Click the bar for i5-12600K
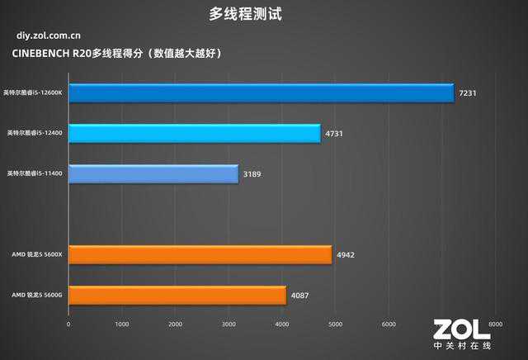click(x=260, y=93)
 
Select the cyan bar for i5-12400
click(x=194, y=134)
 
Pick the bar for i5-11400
click(x=153, y=174)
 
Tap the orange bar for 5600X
click(x=200, y=255)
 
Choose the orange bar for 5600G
click(x=177, y=295)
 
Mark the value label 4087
click(x=300, y=296)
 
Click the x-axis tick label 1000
click(x=121, y=324)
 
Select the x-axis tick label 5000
click(x=335, y=324)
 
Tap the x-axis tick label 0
click(x=68, y=324)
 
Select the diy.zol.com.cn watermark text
click(x=48, y=36)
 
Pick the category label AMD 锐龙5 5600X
click(x=37, y=255)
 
